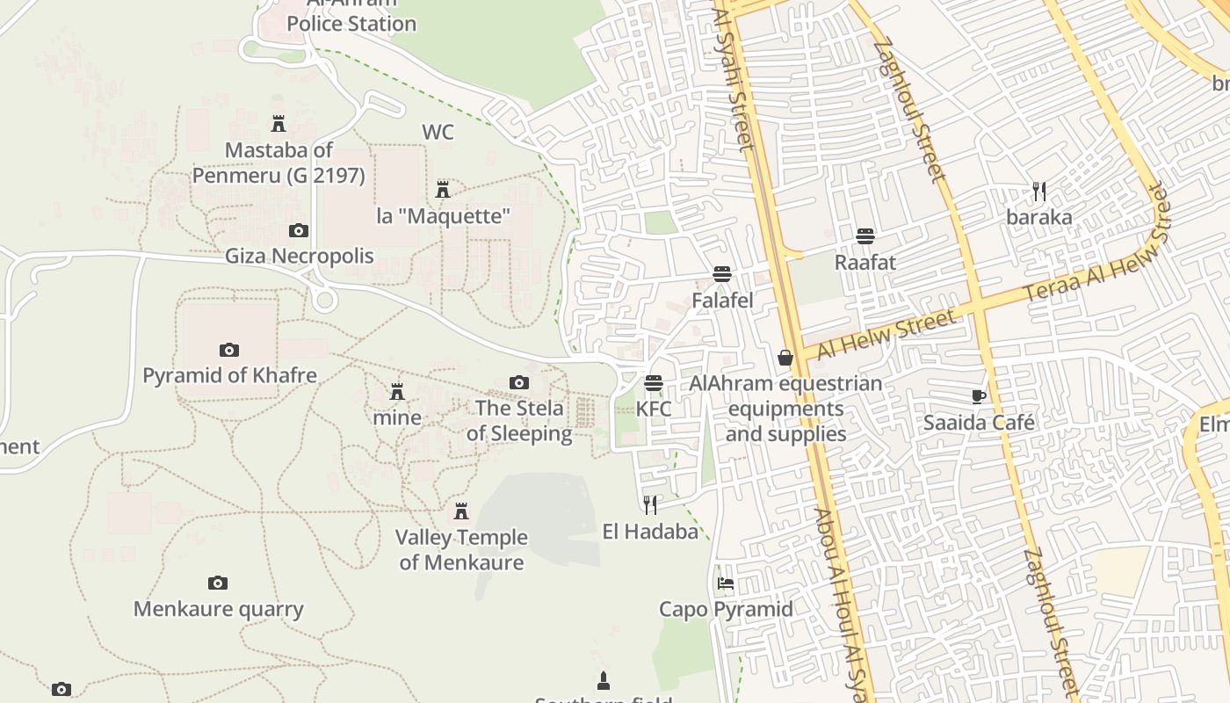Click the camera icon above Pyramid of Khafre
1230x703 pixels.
[x=229, y=350]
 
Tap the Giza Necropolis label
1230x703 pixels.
[x=300, y=257]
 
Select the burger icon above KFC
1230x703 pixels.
[x=653, y=383]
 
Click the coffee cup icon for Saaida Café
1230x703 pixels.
[x=979, y=396]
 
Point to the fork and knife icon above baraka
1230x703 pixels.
[x=1039, y=192]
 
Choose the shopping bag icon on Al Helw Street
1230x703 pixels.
[x=785, y=358]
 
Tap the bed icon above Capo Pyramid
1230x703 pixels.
[x=726, y=583]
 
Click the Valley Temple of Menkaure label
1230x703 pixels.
[x=461, y=550]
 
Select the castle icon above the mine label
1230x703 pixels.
[x=397, y=391]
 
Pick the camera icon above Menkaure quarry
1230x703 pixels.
[x=218, y=583]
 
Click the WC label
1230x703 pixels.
[x=438, y=133]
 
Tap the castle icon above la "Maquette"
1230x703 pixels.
[x=443, y=189]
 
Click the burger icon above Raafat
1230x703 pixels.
[x=865, y=236]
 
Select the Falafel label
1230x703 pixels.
[x=722, y=301]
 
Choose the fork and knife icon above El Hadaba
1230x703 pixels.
[x=650, y=504]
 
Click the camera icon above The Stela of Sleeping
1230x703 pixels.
[x=519, y=382]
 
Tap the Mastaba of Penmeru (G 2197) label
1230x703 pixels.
[x=279, y=163]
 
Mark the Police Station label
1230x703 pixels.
[x=351, y=24]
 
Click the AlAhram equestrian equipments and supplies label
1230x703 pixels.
[x=785, y=409]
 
